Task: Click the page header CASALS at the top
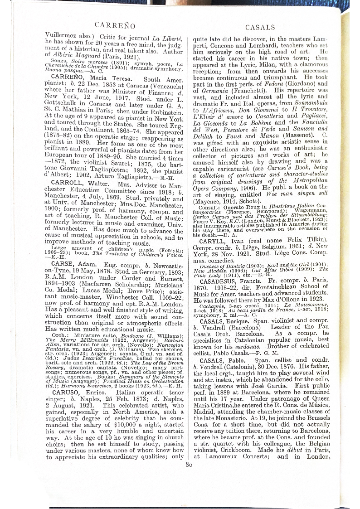(x=260, y=27)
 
